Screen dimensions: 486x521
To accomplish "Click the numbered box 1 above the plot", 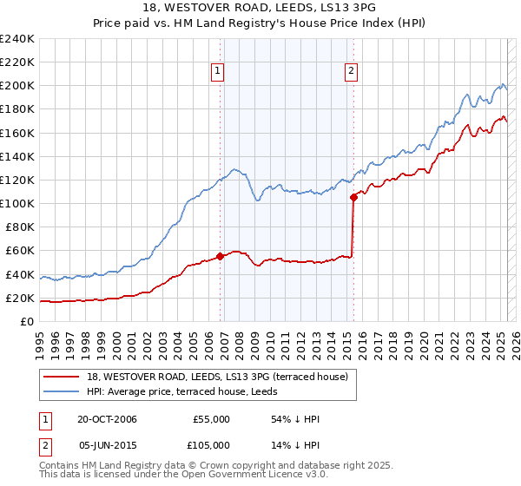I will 216,72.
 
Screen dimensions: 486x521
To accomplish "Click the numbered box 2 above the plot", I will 351,72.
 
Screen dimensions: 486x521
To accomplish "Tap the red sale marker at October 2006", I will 221,256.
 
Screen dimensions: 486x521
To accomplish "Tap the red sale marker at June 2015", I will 353,197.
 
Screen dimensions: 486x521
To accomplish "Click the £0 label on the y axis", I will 27,321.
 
